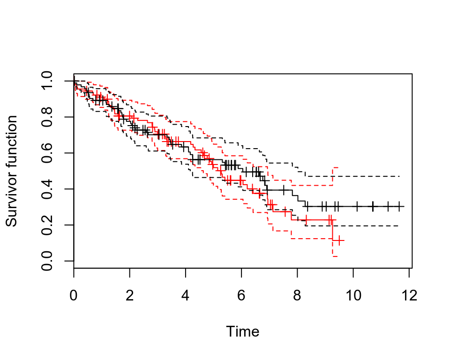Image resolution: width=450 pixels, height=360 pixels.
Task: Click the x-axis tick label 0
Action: pos(74,296)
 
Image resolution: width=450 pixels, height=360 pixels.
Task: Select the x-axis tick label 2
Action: pos(130,296)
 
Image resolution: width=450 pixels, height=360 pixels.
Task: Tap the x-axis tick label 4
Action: pos(186,296)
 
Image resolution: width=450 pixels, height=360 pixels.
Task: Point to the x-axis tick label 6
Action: pos(241,296)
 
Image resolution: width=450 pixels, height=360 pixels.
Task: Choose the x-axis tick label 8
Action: pos(297,296)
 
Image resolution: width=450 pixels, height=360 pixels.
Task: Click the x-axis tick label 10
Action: pos(353,296)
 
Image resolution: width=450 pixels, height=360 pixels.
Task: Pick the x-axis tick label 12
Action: pos(409,296)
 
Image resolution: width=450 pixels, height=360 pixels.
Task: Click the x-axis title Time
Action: pos(242,332)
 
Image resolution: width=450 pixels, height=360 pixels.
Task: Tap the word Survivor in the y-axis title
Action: pos(12,201)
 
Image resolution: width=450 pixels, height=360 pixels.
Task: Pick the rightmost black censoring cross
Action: pos(399,206)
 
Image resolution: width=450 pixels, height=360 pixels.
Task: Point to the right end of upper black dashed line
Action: pos(399,176)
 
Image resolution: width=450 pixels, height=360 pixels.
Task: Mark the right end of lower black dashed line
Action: pos(399,226)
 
